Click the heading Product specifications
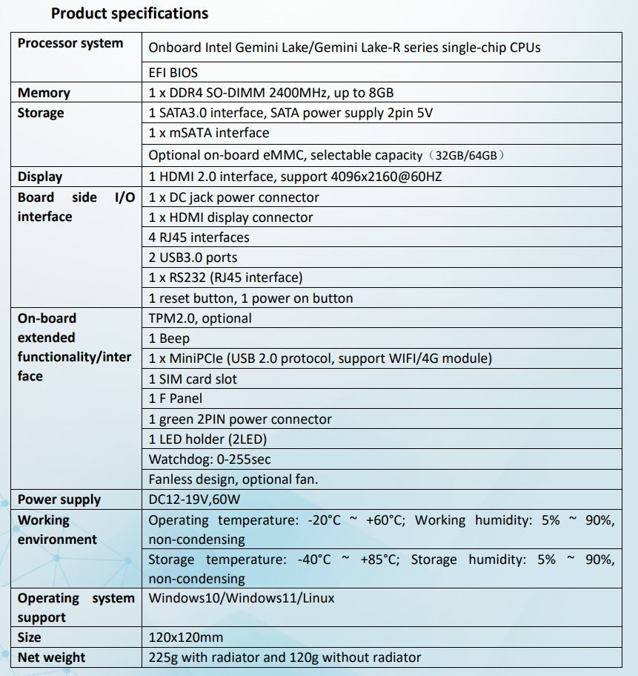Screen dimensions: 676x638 pyautogui.click(x=130, y=13)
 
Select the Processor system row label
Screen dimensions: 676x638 pyautogui.click(x=70, y=43)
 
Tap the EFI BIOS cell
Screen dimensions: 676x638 pyautogui.click(x=173, y=73)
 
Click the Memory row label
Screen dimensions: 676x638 pyautogui.click(x=44, y=93)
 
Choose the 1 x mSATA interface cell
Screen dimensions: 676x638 pyautogui.click(x=209, y=133)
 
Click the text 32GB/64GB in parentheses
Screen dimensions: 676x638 pyautogui.click(x=470, y=156)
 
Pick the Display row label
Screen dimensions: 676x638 pyautogui.click(x=40, y=177)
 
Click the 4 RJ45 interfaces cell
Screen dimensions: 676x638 pyautogui.click(x=199, y=237)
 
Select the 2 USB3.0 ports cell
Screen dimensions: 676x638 pyautogui.click(x=193, y=257)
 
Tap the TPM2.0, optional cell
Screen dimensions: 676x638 pyautogui.click(x=200, y=318)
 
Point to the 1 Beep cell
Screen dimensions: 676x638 pyautogui.click(x=170, y=338)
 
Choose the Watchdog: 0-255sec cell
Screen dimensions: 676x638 pyautogui.click(x=210, y=459)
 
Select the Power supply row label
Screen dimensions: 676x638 pyautogui.click(x=59, y=499)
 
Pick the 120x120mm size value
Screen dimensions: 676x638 pyautogui.click(x=186, y=637)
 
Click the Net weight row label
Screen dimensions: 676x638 pyautogui.click(x=52, y=657)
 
